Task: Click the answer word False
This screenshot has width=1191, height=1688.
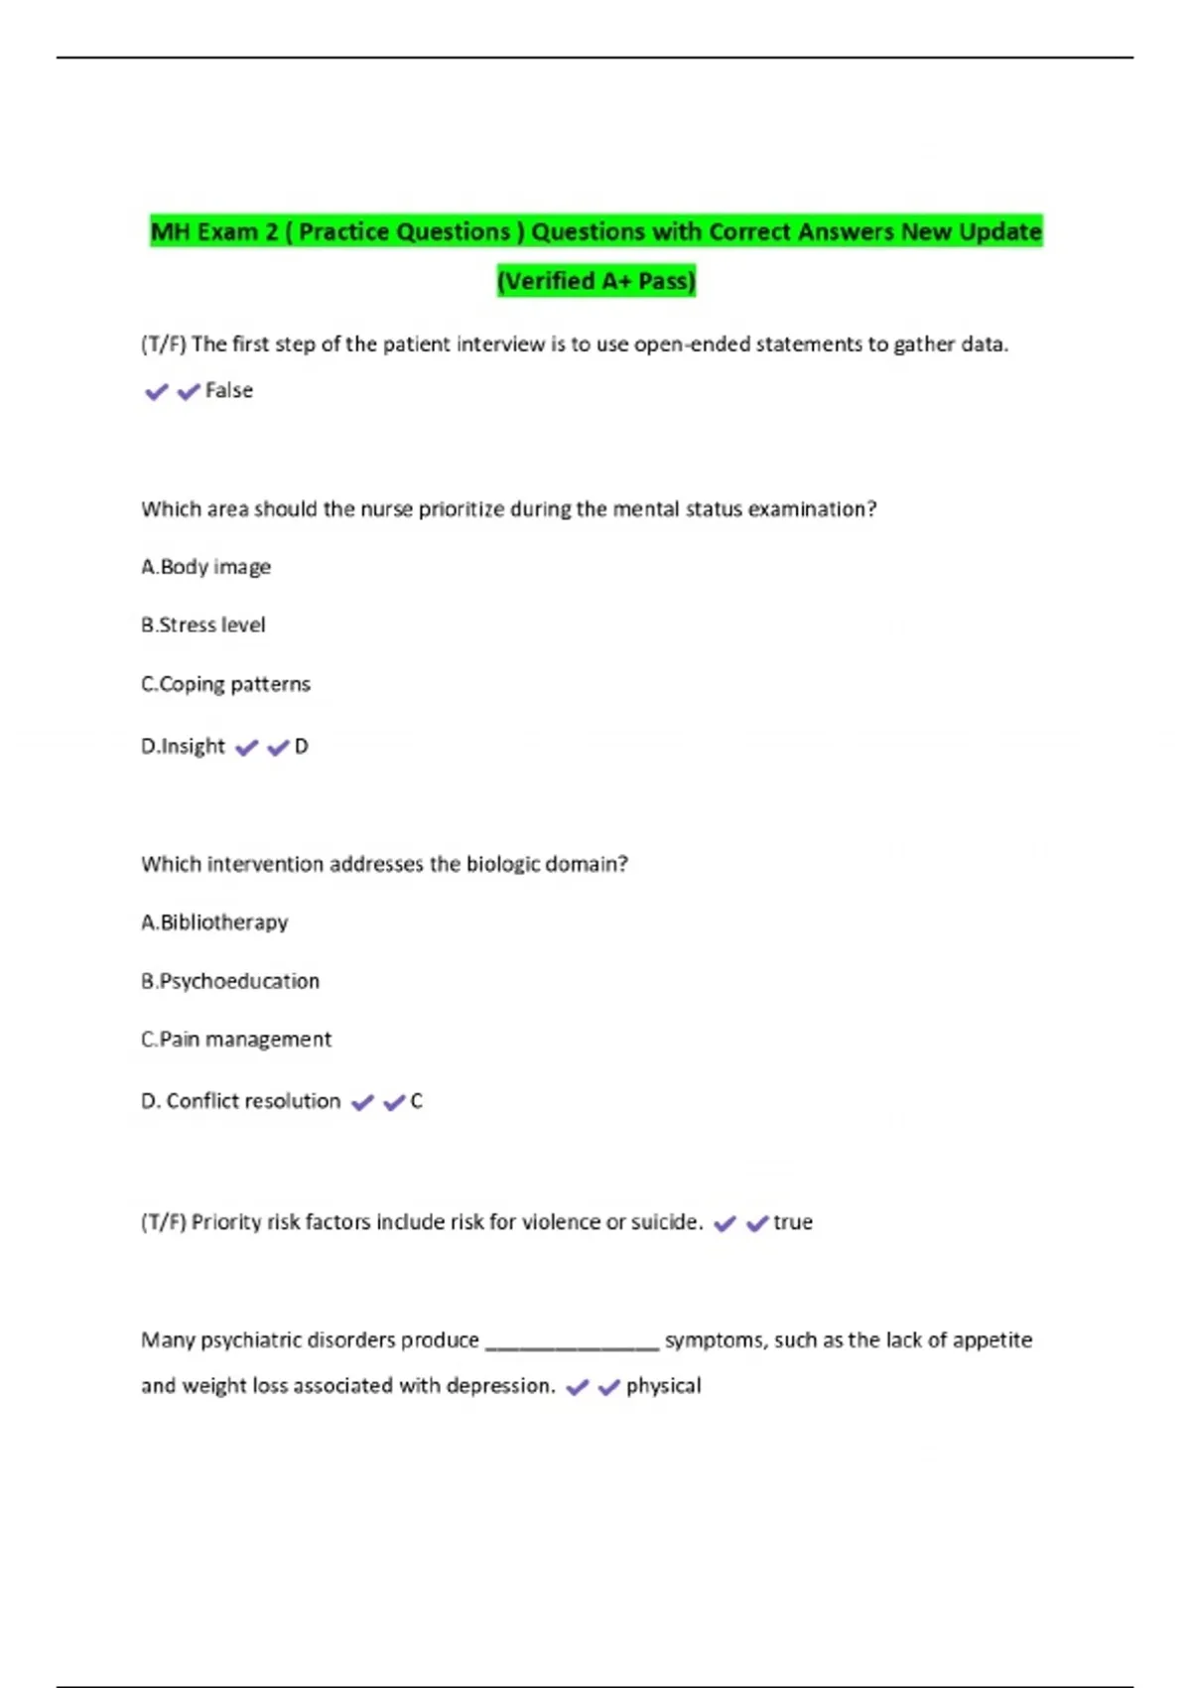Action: pyautogui.click(x=228, y=390)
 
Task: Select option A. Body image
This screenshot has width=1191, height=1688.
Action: pyautogui.click(x=206, y=567)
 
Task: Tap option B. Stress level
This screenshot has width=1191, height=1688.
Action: pyautogui.click(x=203, y=626)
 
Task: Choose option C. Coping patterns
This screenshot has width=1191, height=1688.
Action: pyautogui.click(x=226, y=684)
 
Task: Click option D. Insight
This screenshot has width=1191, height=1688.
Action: pyautogui.click(x=184, y=746)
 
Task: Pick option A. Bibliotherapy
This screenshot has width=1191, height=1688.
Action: pyautogui.click(x=214, y=922)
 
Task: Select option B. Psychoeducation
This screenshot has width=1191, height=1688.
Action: pyautogui.click(x=230, y=981)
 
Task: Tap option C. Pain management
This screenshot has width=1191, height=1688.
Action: pyautogui.click(x=236, y=1040)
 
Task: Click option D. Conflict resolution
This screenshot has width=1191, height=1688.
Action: pyautogui.click(x=241, y=1101)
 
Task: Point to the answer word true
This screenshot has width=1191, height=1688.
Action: pyautogui.click(x=793, y=1222)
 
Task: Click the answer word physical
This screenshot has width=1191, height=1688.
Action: pyautogui.click(x=663, y=1385)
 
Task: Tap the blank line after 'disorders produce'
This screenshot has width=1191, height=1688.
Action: pyautogui.click(x=572, y=1342)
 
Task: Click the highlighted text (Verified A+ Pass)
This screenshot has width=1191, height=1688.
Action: pyautogui.click(x=595, y=281)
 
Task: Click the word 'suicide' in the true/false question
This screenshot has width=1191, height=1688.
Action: pyautogui.click(x=666, y=1222)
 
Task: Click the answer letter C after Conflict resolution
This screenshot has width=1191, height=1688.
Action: pyautogui.click(x=417, y=1101)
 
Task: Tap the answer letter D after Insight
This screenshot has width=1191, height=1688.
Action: pyautogui.click(x=302, y=746)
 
